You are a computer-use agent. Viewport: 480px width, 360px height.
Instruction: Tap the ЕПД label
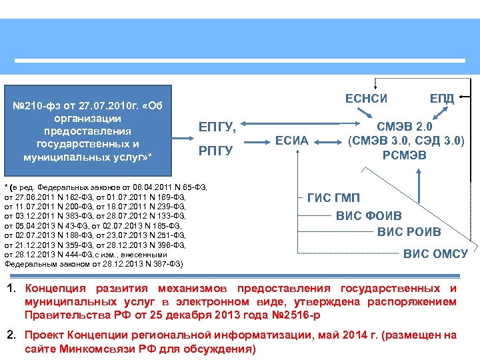pos(442,99)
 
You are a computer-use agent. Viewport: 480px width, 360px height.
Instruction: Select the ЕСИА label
pos(292,141)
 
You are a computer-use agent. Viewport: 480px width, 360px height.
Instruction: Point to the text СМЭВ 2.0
pos(405,126)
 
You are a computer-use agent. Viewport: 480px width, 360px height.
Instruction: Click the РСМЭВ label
pos(405,155)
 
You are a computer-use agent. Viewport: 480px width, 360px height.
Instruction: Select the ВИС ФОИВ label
pos(369,216)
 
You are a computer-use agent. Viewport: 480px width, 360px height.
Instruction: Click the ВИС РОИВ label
pos(409,232)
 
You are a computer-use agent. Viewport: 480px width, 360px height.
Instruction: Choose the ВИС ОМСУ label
pos(435,253)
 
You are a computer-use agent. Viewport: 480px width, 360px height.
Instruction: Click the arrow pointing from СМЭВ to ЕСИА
pos(331,141)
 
